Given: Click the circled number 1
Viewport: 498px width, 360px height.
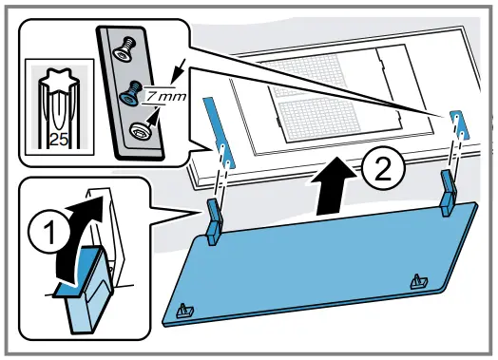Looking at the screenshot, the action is tap(49, 233).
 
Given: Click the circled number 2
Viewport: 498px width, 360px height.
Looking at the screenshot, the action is tap(384, 168).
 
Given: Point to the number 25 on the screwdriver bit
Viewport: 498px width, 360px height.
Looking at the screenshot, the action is tap(59, 140).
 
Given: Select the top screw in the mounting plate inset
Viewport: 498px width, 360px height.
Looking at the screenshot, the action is tap(124, 48).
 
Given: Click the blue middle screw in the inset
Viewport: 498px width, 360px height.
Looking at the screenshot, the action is tap(130, 93).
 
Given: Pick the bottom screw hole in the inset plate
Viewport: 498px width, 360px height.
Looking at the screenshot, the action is tap(141, 131).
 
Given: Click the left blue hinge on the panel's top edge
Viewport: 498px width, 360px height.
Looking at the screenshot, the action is tap(216, 221).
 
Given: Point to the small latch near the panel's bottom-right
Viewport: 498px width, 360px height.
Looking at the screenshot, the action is tap(419, 281).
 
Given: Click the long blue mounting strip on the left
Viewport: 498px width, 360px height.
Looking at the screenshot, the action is tap(220, 133).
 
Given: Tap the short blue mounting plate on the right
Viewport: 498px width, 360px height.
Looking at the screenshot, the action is tap(460, 125).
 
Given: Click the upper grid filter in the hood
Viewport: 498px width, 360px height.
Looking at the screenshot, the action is tap(305, 75).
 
